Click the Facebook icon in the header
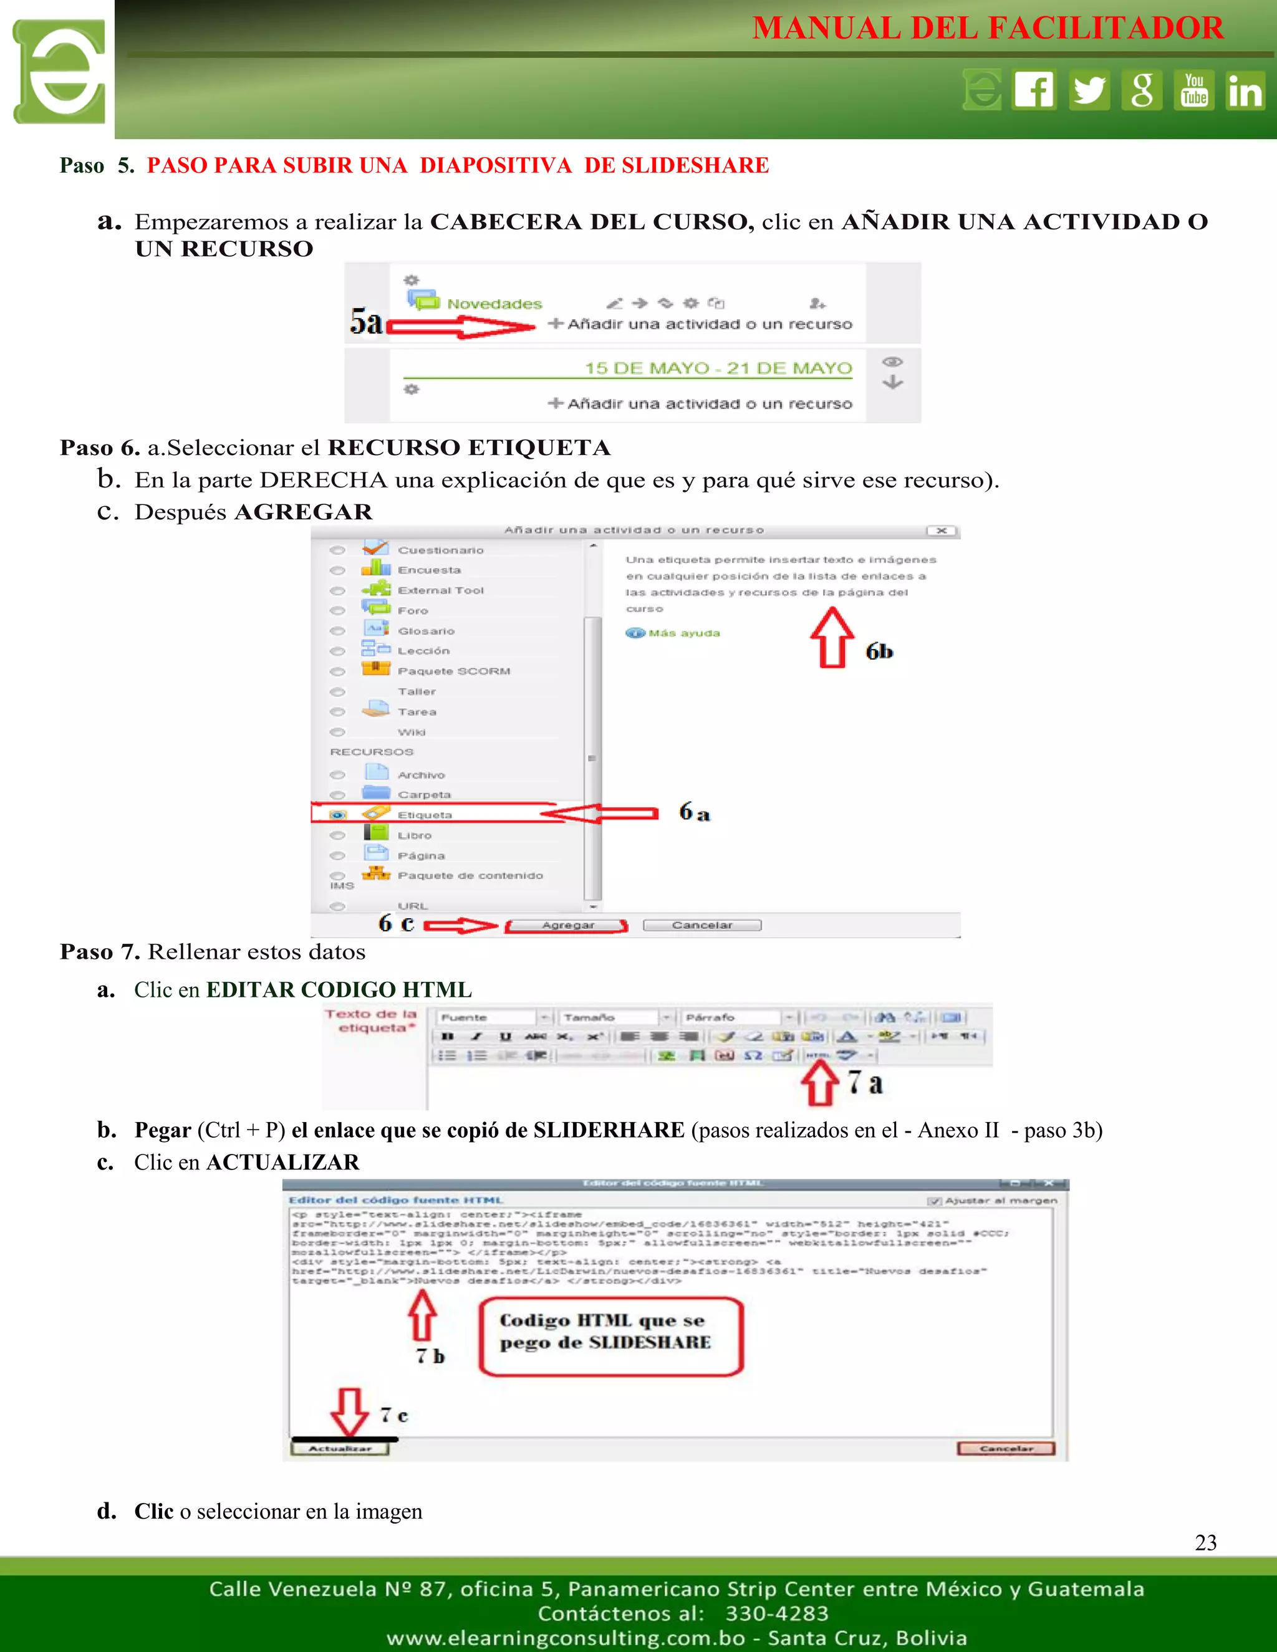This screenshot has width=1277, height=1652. coord(1034,90)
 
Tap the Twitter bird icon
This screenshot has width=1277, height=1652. coord(1089,90)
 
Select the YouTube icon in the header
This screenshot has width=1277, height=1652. coord(1195,90)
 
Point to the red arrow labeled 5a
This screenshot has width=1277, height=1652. coord(461,327)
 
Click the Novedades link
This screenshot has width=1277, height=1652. coord(494,304)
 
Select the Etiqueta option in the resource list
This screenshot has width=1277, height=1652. coord(425,815)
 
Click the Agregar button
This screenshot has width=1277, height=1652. coord(567,925)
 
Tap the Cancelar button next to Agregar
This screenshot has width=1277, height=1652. coord(702,925)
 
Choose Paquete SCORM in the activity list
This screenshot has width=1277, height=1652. coord(454,671)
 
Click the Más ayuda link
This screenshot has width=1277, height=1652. coord(683,633)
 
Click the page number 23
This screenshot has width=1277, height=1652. coord(1206,1542)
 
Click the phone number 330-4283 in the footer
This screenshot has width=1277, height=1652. coord(777,1613)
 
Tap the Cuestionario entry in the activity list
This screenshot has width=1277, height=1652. coord(440,550)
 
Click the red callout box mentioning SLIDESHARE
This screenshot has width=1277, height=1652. coord(611,1337)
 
